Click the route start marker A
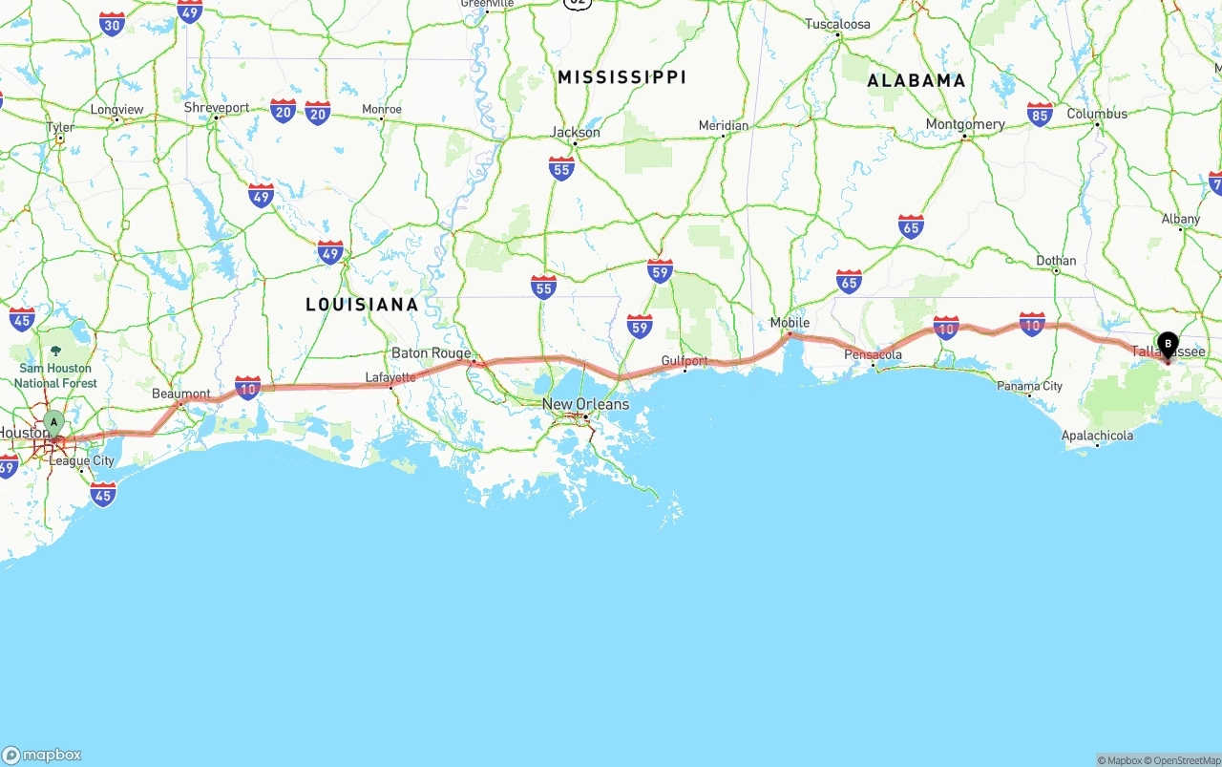[53, 421]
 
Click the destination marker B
[1168, 344]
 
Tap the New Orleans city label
[585, 404]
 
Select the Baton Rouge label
[431, 352]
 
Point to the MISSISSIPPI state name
[622, 76]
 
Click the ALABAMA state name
[916, 81]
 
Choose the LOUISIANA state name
[362, 305]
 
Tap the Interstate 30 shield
[113, 24]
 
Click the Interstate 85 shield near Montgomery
[1040, 114]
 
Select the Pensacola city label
[873, 354]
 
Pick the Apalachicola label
[1097, 436]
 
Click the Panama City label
[1029, 386]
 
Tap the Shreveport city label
[217, 108]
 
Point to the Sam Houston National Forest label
[55, 375]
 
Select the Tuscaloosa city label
[837, 24]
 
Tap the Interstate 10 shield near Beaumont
[247, 387]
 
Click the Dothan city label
[1056, 260]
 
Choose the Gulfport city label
[685, 360]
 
